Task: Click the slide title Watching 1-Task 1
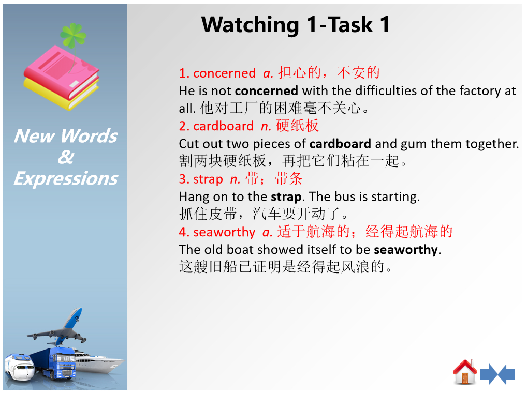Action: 296,24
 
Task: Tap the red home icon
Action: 465,372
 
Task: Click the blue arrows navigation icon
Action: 497,374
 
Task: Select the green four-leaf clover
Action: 73,35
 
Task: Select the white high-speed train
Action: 20,367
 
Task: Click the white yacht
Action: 99,362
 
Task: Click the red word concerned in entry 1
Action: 225,73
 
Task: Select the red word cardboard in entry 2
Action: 224,126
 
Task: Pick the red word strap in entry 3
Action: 208,179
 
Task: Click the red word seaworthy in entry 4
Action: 224,232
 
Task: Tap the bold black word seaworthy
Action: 406,250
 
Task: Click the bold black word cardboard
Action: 340,144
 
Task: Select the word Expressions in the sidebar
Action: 66,178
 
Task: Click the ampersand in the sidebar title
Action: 66,157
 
